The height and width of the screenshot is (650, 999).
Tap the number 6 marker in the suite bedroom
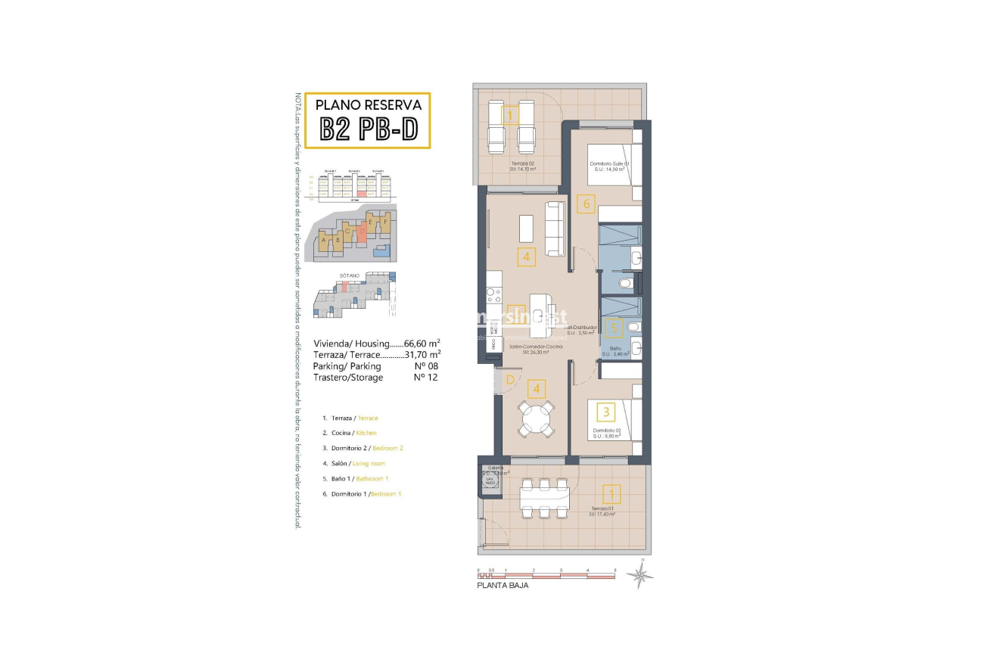(x=585, y=203)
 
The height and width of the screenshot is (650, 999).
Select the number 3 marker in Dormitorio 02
(x=605, y=412)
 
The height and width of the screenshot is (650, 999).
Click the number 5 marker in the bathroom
(x=615, y=328)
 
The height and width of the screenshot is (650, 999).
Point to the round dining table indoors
(x=536, y=418)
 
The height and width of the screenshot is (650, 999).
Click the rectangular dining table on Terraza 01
(x=544, y=499)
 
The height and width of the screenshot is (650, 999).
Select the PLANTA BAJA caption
(x=503, y=586)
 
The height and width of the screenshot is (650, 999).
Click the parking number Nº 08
(x=426, y=365)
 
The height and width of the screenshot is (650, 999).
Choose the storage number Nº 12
(x=426, y=377)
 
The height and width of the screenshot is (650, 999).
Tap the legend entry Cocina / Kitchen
(x=353, y=433)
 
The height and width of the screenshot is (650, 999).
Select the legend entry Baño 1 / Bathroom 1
(x=359, y=478)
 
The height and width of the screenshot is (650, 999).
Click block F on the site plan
(x=385, y=222)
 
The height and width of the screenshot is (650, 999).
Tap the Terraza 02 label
(x=521, y=163)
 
